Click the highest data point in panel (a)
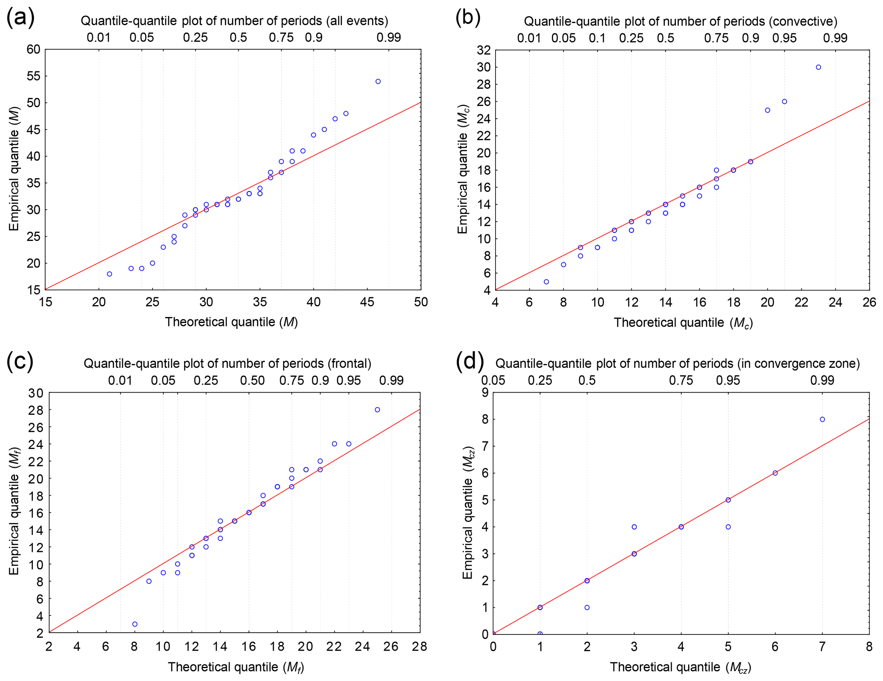click(x=378, y=82)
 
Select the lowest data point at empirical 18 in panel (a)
click(x=109, y=274)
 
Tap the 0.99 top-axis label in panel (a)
click(x=388, y=38)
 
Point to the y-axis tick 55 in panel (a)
click(x=33, y=76)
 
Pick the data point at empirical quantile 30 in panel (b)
click(x=818, y=68)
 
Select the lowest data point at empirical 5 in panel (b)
click(x=546, y=282)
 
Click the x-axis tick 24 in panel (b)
click(x=836, y=302)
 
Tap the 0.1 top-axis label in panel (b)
click(x=597, y=38)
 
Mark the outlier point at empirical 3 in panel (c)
click(x=135, y=624)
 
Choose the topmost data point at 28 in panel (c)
click(x=377, y=410)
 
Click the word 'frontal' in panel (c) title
click(x=349, y=364)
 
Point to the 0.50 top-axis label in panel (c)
click(x=252, y=380)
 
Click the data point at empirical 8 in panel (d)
click(x=822, y=420)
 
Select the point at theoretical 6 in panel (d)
click(x=775, y=473)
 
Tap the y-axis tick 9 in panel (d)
click(x=484, y=393)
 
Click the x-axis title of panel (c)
click(x=236, y=667)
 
